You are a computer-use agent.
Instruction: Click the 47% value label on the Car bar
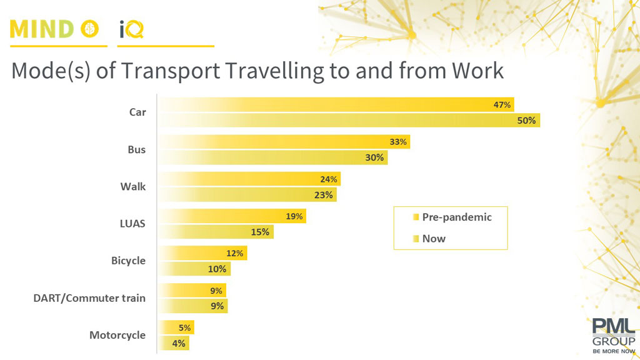[502, 105]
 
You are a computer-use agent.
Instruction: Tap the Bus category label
[136, 149]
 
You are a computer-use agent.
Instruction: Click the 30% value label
[374, 157]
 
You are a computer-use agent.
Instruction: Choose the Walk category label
[133, 186]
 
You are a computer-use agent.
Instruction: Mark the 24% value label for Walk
[329, 179]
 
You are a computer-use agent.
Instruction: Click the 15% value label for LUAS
[260, 232]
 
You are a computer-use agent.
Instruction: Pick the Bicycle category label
[128, 261]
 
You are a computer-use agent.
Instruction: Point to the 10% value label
[217, 269]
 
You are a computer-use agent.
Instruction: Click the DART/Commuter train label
[89, 298]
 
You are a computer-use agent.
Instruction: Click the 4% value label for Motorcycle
[179, 343]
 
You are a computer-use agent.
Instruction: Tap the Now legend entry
[433, 238]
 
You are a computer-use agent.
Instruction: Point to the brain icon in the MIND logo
[91, 29]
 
